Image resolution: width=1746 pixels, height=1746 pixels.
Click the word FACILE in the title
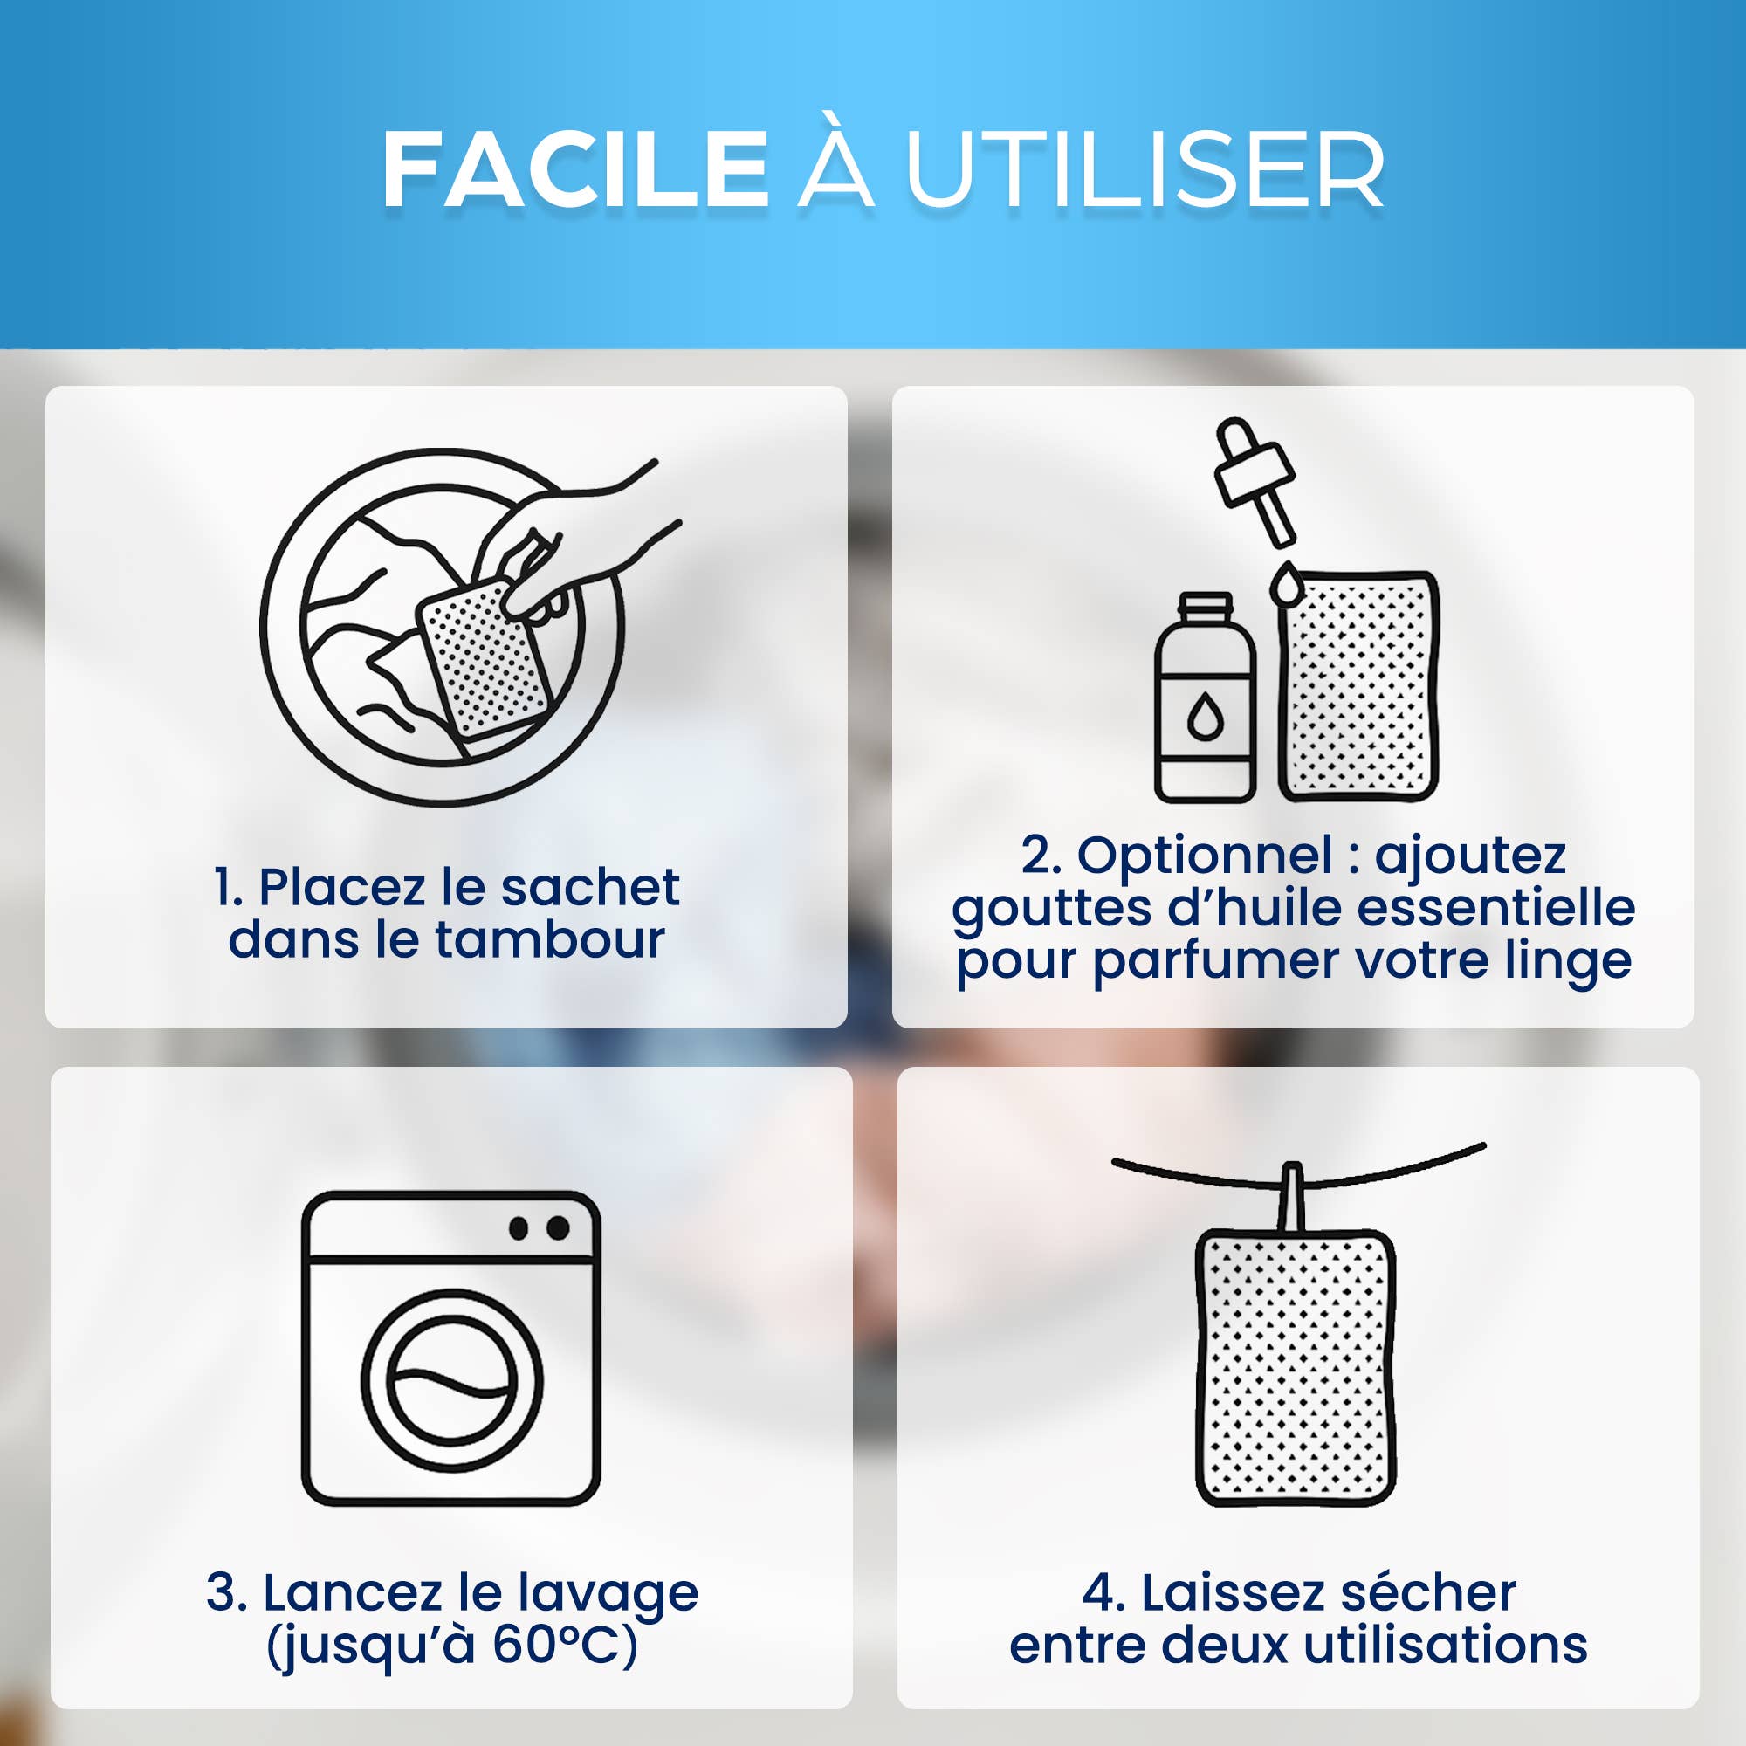[x=575, y=170]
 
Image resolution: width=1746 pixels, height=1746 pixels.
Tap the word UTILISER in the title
[x=1145, y=170]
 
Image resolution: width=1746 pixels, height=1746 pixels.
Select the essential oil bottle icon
[x=1205, y=698]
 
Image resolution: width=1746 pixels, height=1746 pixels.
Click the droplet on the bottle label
[x=1205, y=718]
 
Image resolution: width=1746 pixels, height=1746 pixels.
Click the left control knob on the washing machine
[x=519, y=1228]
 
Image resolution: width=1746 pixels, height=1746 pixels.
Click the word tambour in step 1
[x=550, y=939]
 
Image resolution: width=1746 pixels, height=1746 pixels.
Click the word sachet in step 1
[x=589, y=888]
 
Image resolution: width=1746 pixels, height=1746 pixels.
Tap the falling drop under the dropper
[x=1285, y=582]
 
